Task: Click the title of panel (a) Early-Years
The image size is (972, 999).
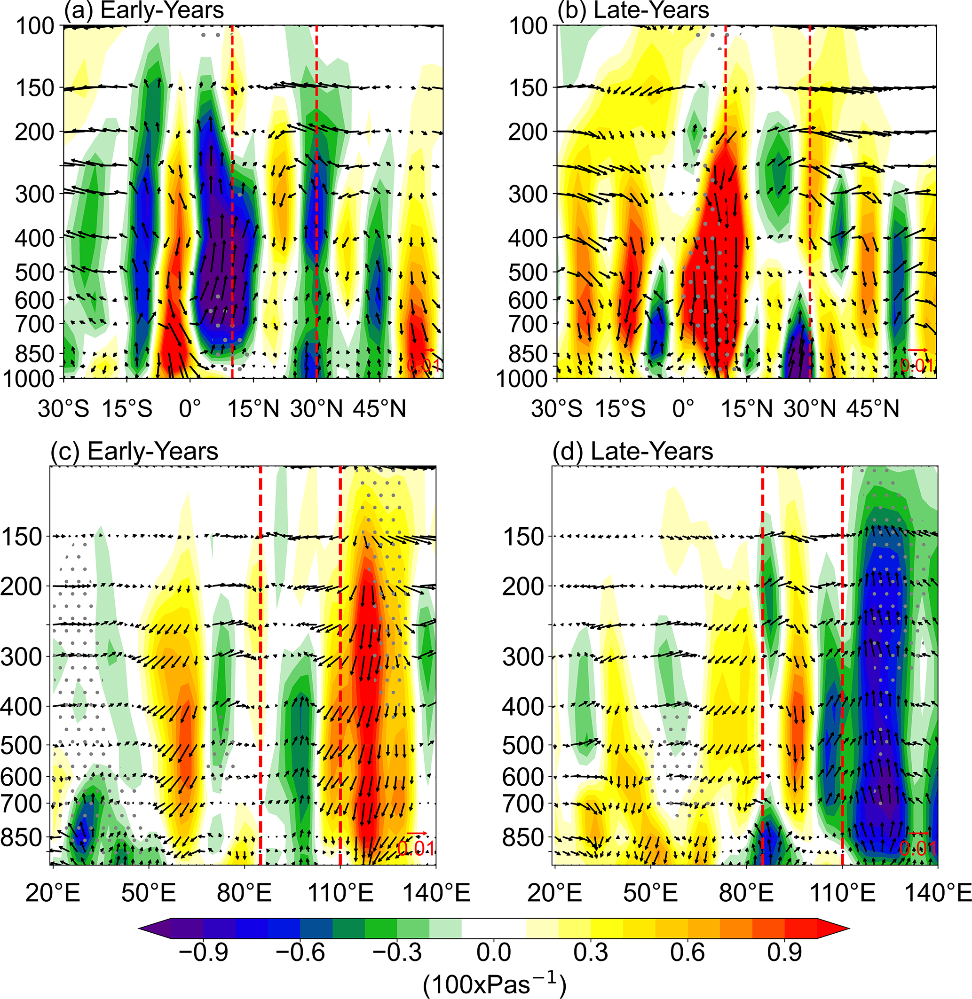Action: (143, 10)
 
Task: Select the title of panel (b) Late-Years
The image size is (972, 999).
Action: (633, 10)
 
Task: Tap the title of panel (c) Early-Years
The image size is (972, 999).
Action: (134, 452)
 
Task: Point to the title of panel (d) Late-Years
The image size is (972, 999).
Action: (633, 452)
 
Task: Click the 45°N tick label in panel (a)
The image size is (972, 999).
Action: (379, 409)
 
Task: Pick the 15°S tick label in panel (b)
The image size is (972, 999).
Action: (620, 409)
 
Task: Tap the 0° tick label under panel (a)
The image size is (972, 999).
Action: (190, 409)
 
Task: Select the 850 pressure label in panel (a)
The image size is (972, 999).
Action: (35, 353)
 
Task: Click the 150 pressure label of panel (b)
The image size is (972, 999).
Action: (528, 88)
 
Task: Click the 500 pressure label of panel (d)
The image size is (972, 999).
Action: (524, 745)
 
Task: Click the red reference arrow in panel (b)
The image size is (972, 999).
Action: (917, 350)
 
